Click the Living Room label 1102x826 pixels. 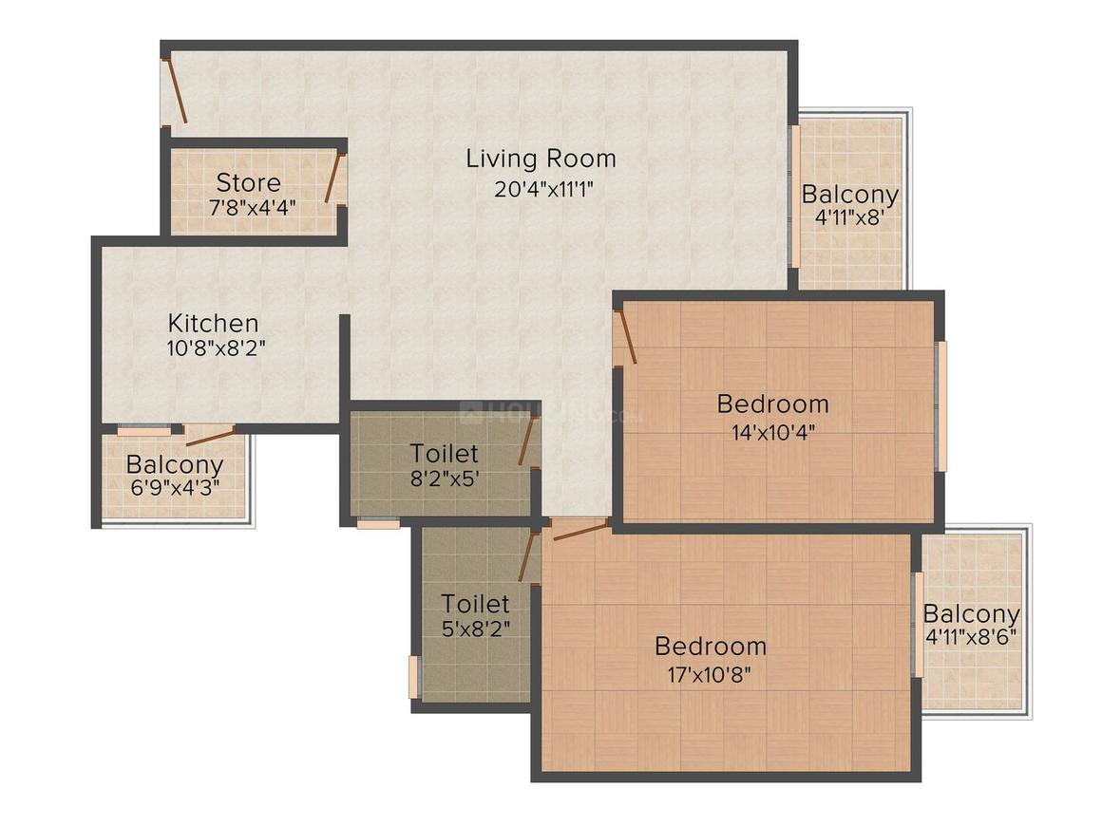(x=541, y=159)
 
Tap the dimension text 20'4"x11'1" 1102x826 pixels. (x=543, y=189)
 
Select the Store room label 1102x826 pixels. (x=248, y=181)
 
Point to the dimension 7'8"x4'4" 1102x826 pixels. (x=253, y=206)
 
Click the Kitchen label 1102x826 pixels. (x=213, y=323)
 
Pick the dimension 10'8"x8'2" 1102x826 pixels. (x=215, y=347)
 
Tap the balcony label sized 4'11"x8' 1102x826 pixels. (x=849, y=195)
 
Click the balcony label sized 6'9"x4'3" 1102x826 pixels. (x=174, y=465)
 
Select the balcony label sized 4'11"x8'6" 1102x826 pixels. (x=971, y=613)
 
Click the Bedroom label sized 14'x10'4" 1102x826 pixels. (x=772, y=404)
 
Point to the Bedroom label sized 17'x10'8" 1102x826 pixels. (x=711, y=647)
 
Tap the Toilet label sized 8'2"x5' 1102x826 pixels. (x=444, y=453)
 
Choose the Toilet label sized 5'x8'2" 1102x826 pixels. (x=475, y=603)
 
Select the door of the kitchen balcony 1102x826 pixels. (x=211, y=436)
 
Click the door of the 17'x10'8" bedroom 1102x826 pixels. (x=579, y=529)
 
